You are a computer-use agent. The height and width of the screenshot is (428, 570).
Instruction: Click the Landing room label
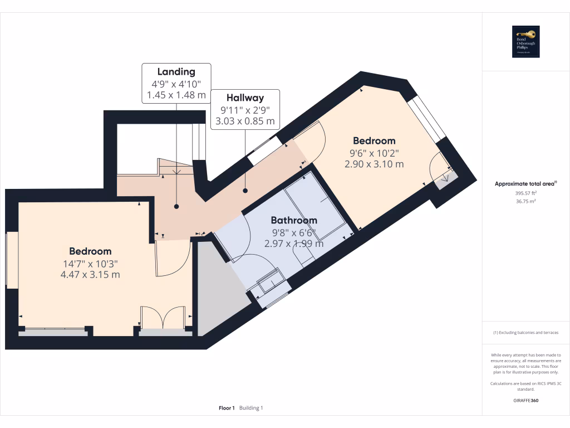click(176, 71)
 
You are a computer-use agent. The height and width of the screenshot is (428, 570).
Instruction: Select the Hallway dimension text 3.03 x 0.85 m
click(245, 120)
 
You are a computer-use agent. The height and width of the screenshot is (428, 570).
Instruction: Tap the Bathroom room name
click(294, 220)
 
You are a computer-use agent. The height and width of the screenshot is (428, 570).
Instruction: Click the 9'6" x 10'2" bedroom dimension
click(374, 153)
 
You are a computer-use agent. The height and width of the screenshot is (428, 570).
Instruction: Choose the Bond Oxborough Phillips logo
click(526, 42)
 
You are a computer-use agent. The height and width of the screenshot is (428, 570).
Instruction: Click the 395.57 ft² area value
click(526, 193)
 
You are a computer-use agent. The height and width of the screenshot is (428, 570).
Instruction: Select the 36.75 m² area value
click(526, 201)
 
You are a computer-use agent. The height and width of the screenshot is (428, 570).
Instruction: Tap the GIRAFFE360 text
click(526, 400)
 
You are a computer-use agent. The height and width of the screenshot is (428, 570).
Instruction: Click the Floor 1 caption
click(227, 408)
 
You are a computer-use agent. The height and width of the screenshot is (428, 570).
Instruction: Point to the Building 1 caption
click(251, 408)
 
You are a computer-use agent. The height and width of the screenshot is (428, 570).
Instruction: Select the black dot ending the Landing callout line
click(176, 206)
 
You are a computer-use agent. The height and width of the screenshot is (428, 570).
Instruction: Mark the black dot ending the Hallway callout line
click(245, 191)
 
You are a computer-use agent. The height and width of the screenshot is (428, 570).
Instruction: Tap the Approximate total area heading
click(526, 183)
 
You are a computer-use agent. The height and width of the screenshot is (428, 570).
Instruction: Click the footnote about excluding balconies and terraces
click(526, 333)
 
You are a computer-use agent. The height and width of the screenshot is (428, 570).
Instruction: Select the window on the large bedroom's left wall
click(12, 260)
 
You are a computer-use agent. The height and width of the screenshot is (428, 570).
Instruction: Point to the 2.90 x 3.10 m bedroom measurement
click(374, 164)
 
